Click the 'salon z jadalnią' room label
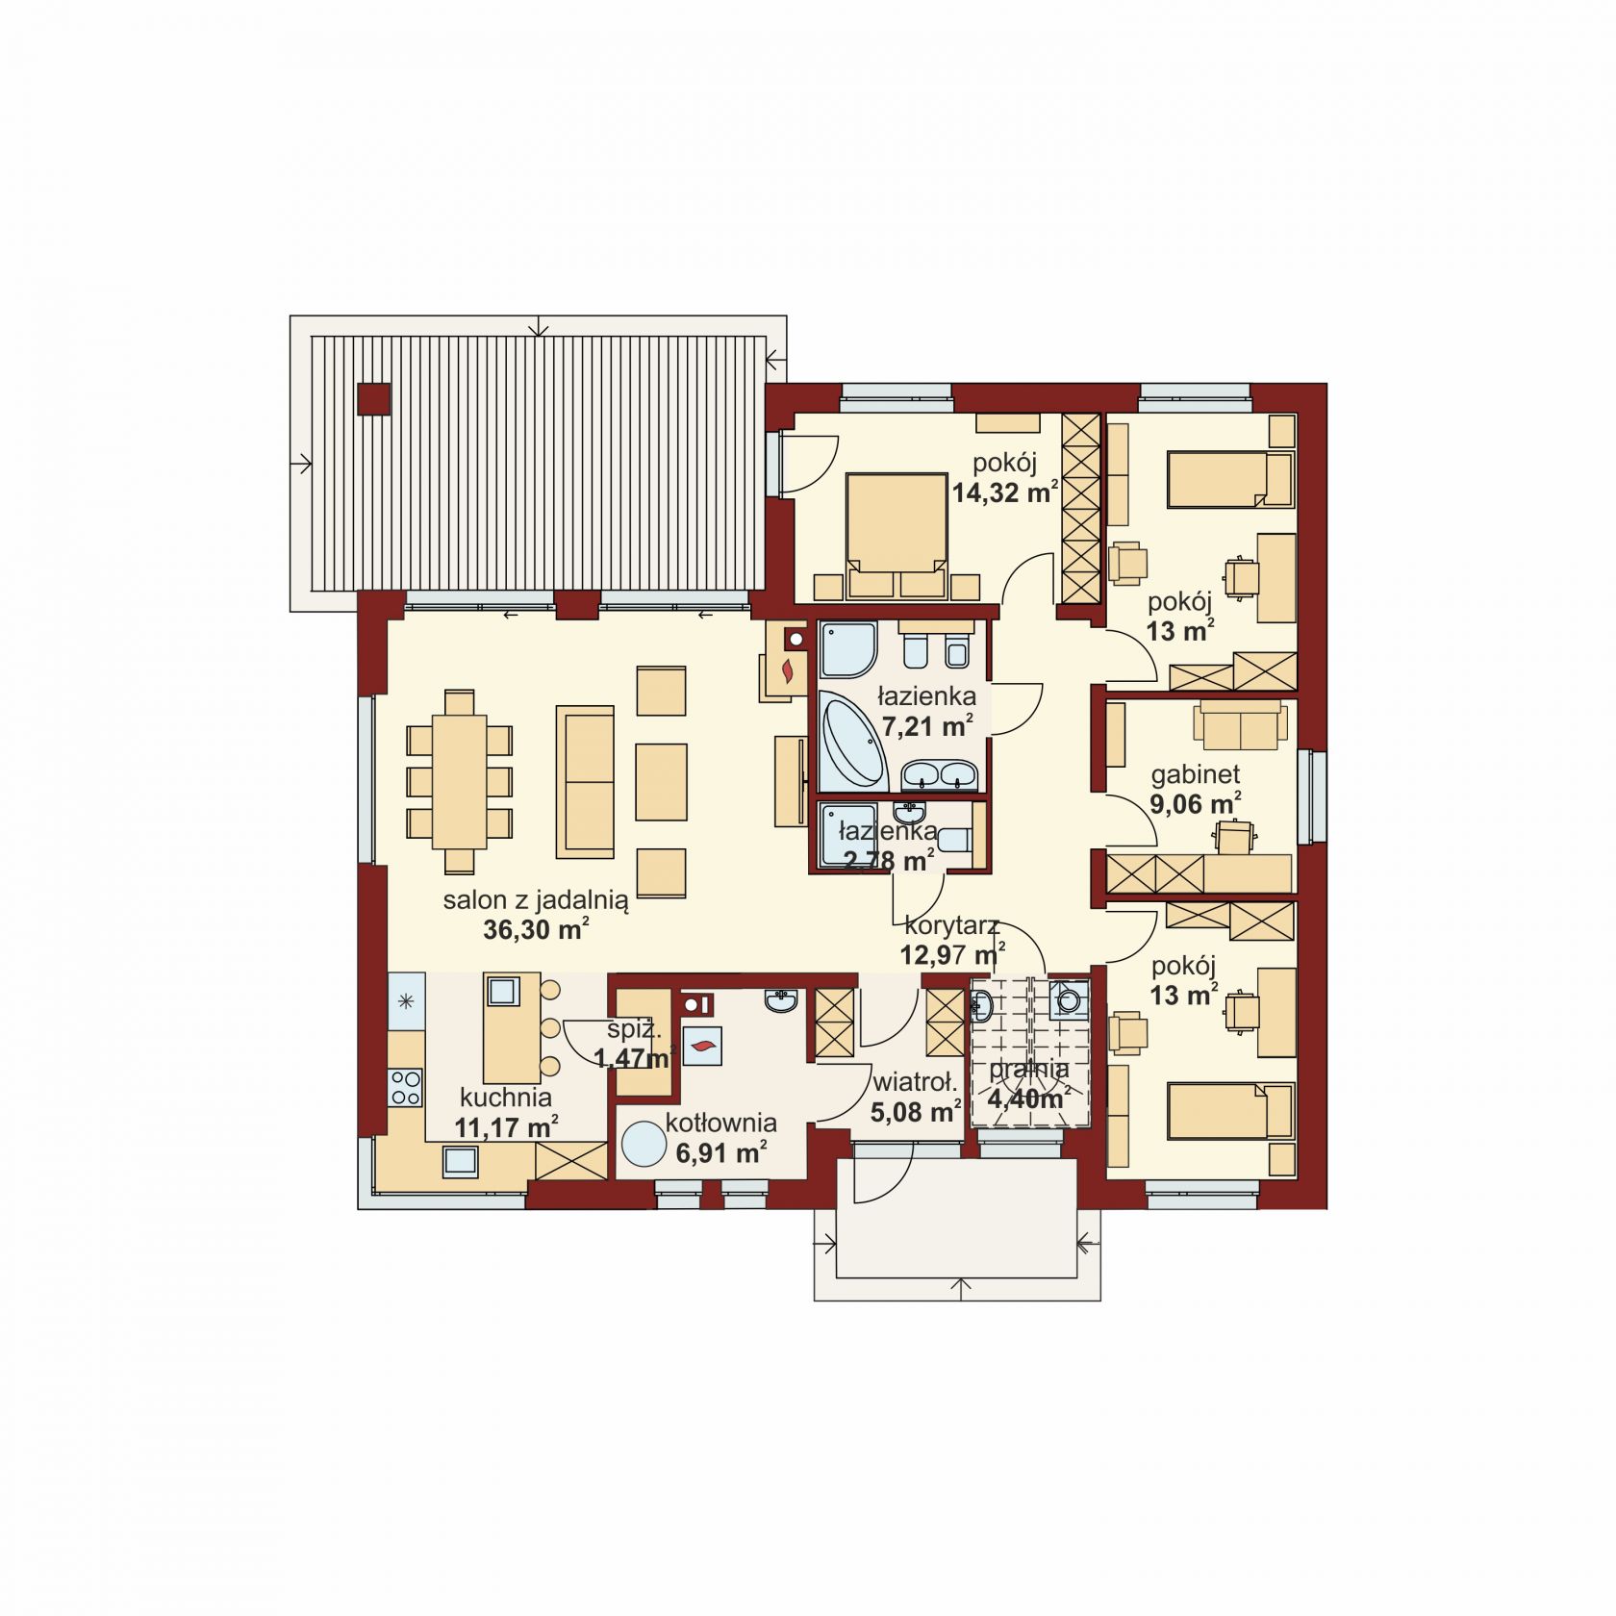click(x=536, y=901)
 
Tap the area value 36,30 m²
click(x=536, y=930)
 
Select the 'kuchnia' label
click(x=506, y=1098)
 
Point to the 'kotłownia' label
click(x=720, y=1123)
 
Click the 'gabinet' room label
click(x=1196, y=774)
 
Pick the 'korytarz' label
click(x=952, y=926)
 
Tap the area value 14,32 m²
click(x=1005, y=493)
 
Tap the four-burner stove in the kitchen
click(x=405, y=1087)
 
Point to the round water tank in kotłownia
click(x=643, y=1146)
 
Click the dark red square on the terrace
click(x=373, y=399)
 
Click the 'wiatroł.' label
click(x=914, y=1083)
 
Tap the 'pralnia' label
click(x=1028, y=1069)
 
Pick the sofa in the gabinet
click(x=1241, y=725)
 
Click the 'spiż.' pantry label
click(x=634, y=1029)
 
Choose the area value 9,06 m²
click(x=1196, y=803)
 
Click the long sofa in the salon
click(x=585, y=781)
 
